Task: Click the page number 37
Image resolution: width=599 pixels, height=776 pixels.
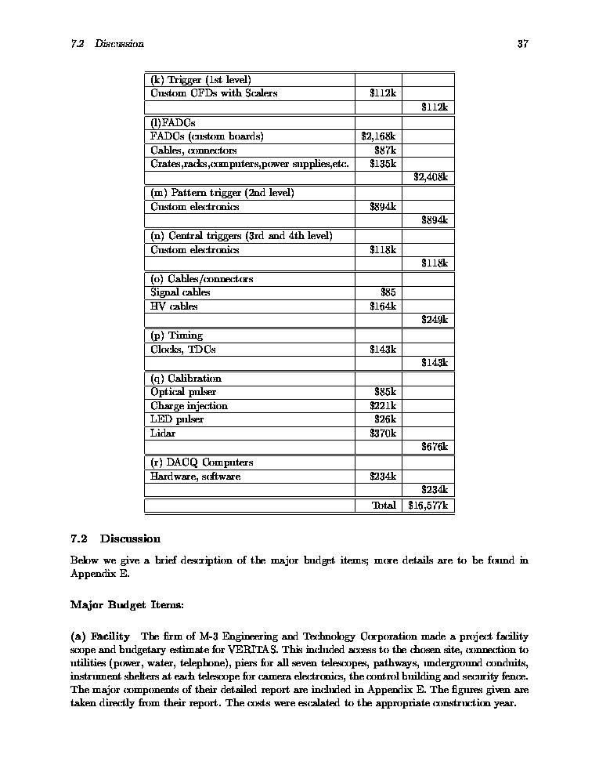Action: tap(523, 44)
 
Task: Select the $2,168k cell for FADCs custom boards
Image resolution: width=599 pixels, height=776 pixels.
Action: tap(378, 136)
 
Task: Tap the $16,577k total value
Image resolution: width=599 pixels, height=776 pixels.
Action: tap(428, 506)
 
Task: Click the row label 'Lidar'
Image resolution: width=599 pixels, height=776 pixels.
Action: tap(163, 433)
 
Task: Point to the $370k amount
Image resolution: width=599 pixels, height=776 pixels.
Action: tap(383, 433)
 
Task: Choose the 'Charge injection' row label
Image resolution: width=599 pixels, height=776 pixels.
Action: tap(189, 406)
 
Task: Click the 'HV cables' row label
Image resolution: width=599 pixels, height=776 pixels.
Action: tap(174, 306)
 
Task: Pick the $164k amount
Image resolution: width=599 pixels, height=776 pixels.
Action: tap(383, 306)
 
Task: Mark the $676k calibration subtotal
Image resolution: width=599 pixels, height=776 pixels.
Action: tap(434, 447)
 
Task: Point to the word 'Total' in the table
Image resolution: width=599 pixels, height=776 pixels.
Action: tap(384, 506)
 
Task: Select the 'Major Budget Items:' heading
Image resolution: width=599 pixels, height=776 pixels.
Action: tap(127, 605)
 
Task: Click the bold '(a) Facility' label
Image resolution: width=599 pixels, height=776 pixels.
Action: tap(100, 636)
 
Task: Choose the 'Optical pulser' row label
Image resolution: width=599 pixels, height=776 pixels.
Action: tap(183, 392)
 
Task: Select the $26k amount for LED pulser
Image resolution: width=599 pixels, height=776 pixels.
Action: tap(385, 419)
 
